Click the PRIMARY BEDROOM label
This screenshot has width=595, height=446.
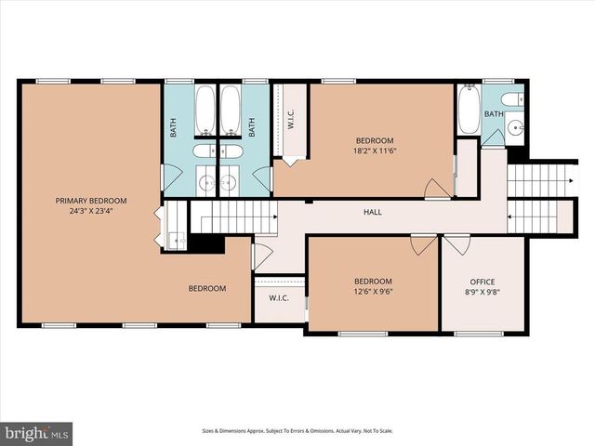tap(90, 201)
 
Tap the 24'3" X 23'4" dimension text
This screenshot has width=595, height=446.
tap(90, 211)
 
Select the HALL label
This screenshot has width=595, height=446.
tap(372, 212)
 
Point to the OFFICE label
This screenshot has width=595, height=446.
tap(483, 282)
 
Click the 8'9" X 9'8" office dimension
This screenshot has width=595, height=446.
tap(483, 292)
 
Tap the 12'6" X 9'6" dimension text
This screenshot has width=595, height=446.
tap(372, 292)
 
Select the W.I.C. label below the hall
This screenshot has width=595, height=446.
tap(278, 298)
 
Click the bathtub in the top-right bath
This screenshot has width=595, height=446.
tap(469, 111)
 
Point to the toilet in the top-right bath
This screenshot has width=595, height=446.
tap(511, 99)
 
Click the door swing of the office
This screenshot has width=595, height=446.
tap(456, 244)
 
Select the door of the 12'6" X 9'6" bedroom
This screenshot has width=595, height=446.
tap(424, 243)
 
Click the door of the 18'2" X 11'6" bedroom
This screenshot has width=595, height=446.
tap(437, 189)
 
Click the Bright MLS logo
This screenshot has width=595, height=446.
tap(37, 433)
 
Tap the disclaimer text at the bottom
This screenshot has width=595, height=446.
tap(297, 431)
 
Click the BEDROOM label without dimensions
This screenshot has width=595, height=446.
tap(207, 288)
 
